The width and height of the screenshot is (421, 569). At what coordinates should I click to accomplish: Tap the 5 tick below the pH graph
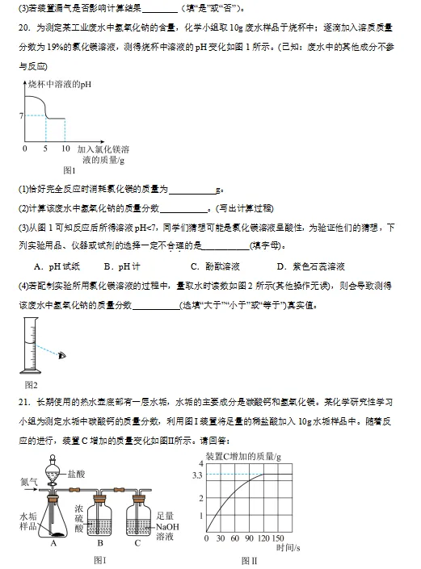(46, 149)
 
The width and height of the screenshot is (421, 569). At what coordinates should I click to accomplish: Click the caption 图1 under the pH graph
(69, 170)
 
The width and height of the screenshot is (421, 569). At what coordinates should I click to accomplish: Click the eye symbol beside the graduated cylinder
(62, 354)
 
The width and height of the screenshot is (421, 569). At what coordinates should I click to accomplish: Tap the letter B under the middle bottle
(99, 543)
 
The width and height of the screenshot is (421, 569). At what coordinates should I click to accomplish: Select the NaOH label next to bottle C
(166, 525)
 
